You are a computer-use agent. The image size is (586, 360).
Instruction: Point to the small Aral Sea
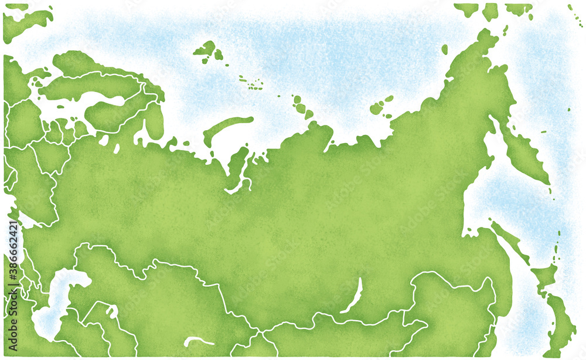pos(111,311)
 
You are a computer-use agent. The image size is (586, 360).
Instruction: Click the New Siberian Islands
pos(381,106)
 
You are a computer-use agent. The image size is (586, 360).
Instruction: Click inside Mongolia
pos(363,337)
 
